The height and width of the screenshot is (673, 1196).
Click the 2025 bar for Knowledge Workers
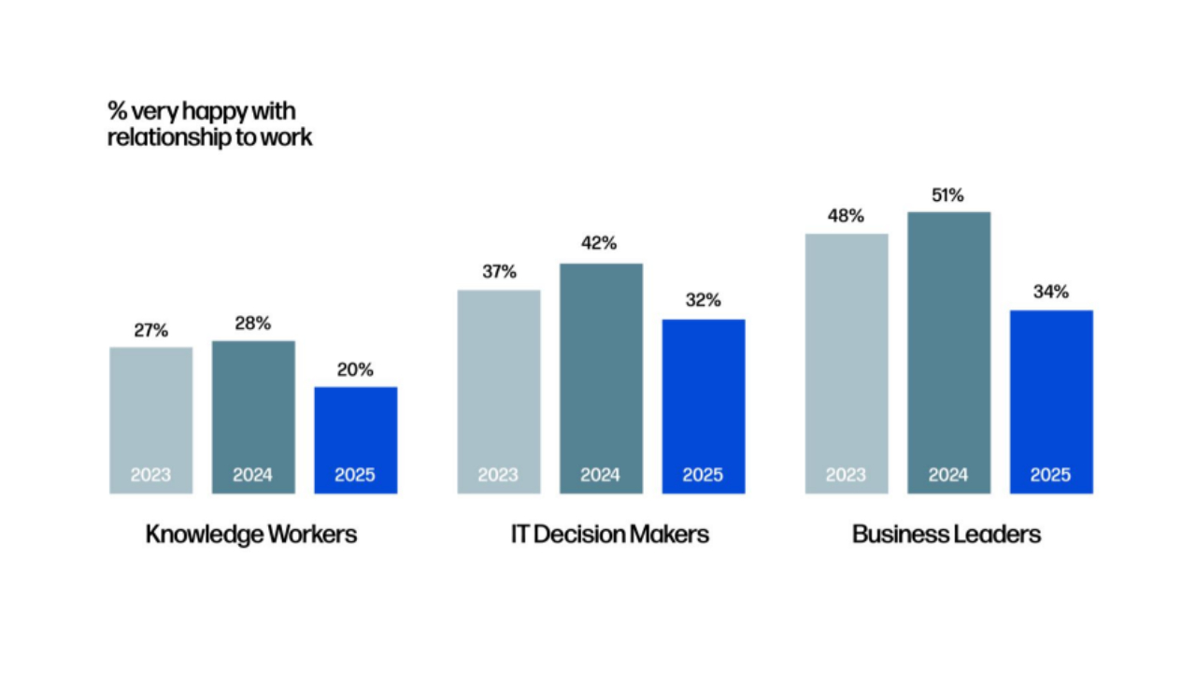pyautogui.click(x=355, y=439)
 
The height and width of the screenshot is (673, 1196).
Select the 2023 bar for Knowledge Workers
pyautogui.click(x=150, y=420)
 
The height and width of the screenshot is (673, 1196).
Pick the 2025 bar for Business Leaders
pyautogui.click(x=1050, y=401)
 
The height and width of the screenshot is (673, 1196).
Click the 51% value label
pyautogui.click(x=948, y=196)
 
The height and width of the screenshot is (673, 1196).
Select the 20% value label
pyautogui.click(x=355, y=370)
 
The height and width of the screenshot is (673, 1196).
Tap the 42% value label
pyautogui.click(x=600, y=244)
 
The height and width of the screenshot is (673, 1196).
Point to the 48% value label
pyautogui.click(x=846, y=216)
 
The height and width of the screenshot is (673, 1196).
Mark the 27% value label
pyautogui.click(x=150, y=331)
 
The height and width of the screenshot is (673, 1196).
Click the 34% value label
pyautogui.click(x=1050, y=293)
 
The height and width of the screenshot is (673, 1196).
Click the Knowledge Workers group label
pyautogui.click(x=251, y=535)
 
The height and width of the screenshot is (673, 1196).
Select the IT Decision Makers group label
pyautogui.click(x=609, y=535)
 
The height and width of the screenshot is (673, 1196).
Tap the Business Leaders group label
pyautogui.click(x=947, y=535)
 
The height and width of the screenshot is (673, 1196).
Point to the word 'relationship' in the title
pyautogui.click(x=165, y=137)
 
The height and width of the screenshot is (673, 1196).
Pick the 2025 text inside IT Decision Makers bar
pyautogui.click(x=703, y=475)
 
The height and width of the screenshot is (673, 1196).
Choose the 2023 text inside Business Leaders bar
pyautogui.click(x=846, y=475)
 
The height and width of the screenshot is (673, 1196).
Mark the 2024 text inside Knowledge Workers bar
pyautogui.click(x=252, y=475)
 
